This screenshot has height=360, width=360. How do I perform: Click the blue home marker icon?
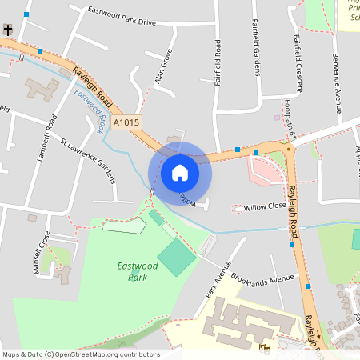pyautogui.click(x=180, y=172)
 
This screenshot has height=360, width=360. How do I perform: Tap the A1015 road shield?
pyautogui.click(x=126, y=123)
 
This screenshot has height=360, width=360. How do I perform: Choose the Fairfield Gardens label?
pyautogui.click(x=256, y=46)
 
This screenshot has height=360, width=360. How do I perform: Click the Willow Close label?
pyautogui.click(x=266, y=206)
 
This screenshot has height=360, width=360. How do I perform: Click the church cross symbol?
pyautogui.click(x=8, y=30)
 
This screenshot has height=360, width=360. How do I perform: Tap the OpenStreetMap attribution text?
pyautogui.click(x=80, y=354)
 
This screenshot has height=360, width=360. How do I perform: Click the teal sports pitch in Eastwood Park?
pyautogui.click(x=176, y=258)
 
